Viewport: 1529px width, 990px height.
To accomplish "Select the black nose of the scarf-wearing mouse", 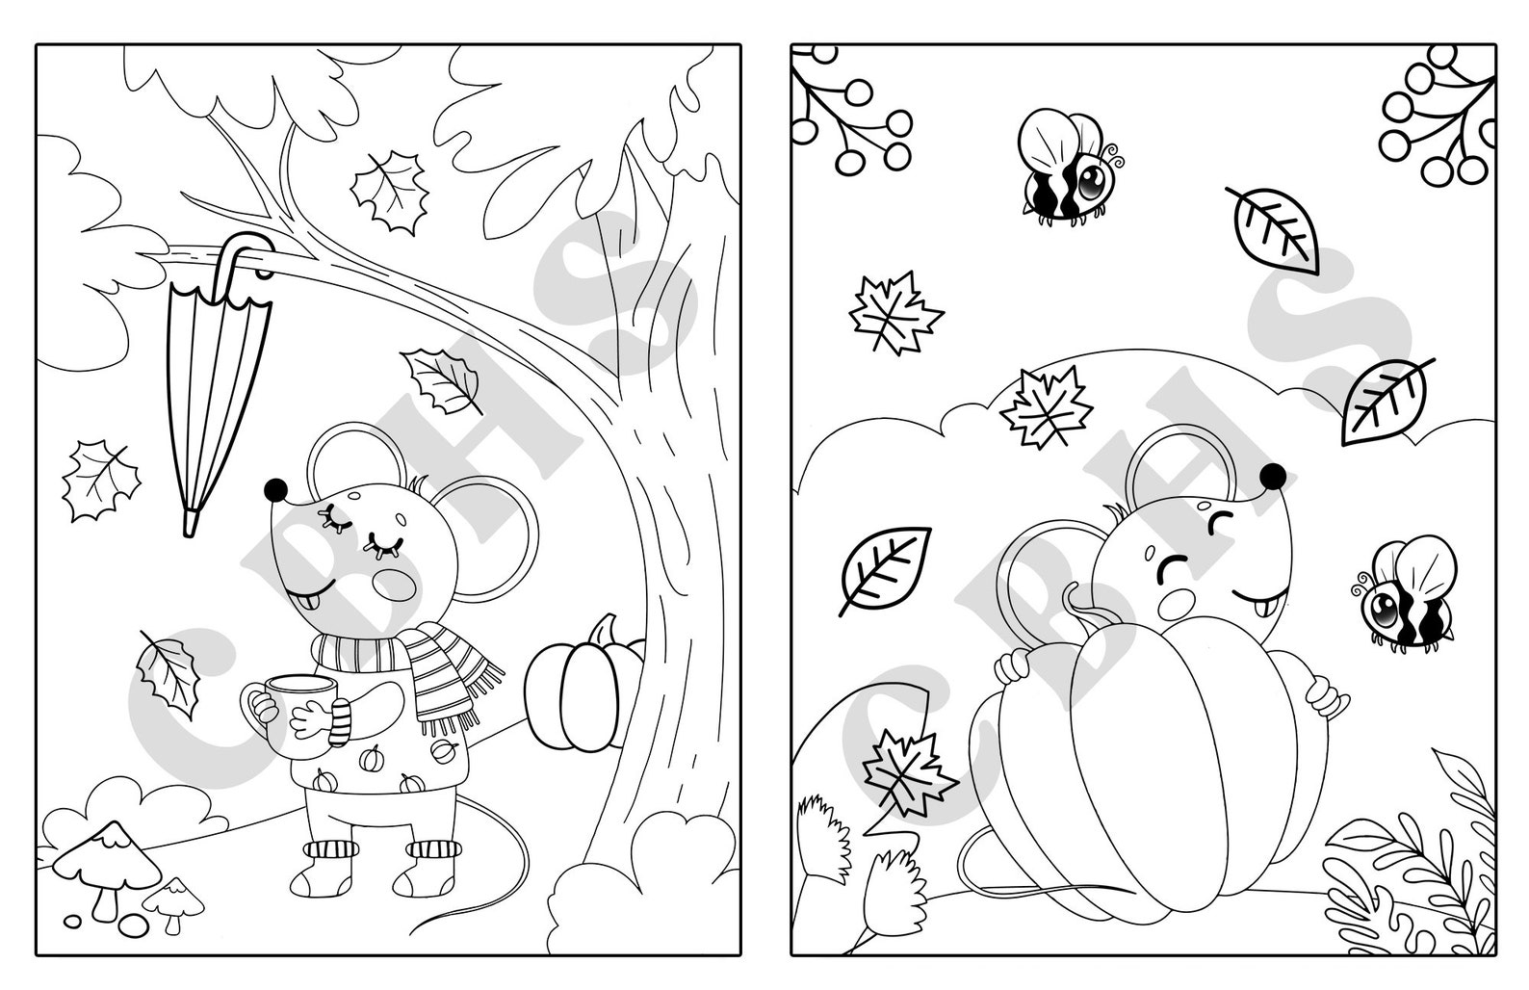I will pyautogui.click(x=276, y=489).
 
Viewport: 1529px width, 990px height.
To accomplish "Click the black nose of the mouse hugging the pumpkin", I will pyautogui.click(x=1273, y=474).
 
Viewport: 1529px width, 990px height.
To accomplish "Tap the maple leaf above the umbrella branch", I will pyautogui.click(x=390, y=193).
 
